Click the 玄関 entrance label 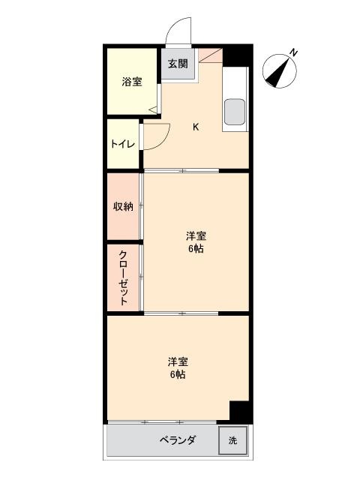(x=178, y=64)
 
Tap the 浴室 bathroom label (x=132, y=82)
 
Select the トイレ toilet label (x=123, y=144)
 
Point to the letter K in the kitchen (x=196, y=127)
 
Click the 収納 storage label (x=123, y=207)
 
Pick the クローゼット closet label (x=123, y=277)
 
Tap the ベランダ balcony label (x=178, y=440)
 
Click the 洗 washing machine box (x=232, y=440)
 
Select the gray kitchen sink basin (x=235, y=112)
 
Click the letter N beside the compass (x=293, y=52)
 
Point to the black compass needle (x=277, y=72)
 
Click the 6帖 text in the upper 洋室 (x=196, y=249)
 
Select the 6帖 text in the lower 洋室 (x=178, y=374)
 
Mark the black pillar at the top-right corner (x=237, y=55)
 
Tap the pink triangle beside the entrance (x=210, y=55)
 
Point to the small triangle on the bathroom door (x=153, y=109)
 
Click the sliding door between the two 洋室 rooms (x=181, y=313)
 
